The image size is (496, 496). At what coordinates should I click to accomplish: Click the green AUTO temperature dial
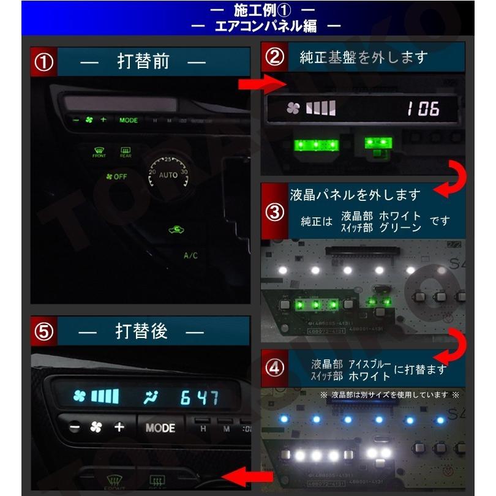pos(168,174)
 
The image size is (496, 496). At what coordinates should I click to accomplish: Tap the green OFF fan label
pos(116,176)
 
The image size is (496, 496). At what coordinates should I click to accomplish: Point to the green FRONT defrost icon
pos(99,151)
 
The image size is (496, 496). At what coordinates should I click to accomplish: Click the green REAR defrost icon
pos(126,151)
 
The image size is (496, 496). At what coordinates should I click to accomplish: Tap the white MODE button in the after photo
pos(160,428)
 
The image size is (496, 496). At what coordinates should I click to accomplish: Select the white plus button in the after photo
pos(119,427)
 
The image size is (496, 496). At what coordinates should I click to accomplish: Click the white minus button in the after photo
pos(73,427)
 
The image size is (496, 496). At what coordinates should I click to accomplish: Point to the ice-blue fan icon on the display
pos(80,397)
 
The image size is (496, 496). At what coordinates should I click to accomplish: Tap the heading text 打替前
pos(143,62)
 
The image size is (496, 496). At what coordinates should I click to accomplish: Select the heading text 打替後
pos(141,331)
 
